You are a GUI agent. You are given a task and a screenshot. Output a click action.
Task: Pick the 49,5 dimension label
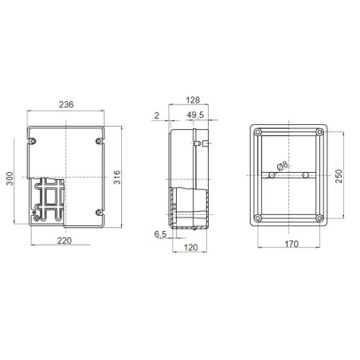[x=195, y=115]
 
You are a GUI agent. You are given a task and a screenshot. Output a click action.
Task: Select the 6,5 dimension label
[x=161, y=235]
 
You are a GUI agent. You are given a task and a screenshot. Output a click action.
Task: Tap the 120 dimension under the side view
[x=191, y=248]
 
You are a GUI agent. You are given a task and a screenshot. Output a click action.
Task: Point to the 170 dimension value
[x=291, y=244]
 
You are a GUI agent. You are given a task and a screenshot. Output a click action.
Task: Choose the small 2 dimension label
[x=157, y=115]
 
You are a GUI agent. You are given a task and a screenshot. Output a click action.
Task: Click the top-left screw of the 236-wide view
[x=33, y=141]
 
